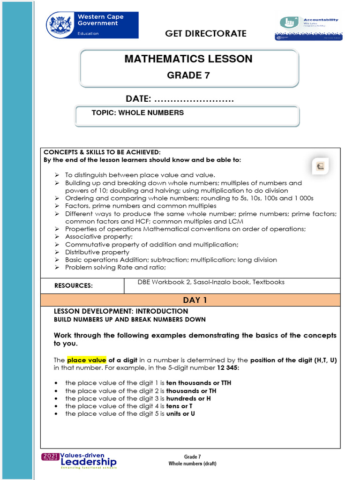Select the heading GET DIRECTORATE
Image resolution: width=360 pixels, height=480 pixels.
206,33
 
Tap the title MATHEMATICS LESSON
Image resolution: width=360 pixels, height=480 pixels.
188,59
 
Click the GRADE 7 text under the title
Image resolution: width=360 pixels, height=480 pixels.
188,75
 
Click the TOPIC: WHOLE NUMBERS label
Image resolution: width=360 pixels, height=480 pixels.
138,113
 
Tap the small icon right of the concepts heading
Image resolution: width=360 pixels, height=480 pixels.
321,166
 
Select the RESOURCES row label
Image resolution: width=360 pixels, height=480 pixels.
74,286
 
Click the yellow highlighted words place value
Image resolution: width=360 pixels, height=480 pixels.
87,360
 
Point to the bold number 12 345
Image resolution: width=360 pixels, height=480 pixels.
228,368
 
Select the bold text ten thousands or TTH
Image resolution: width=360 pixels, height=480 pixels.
199,383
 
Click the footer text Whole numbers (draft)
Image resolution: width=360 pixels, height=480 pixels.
192,464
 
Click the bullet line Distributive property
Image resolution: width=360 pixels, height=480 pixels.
97,252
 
